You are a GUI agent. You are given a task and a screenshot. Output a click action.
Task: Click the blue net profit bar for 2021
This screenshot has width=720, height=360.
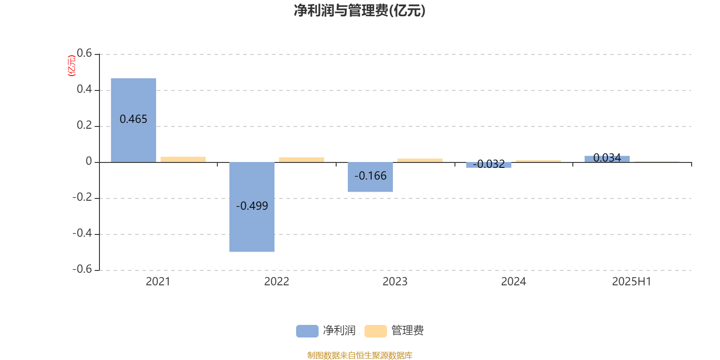tap(133, 120)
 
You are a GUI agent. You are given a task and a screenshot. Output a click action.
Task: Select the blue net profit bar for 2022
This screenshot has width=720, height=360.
tap(252, 207)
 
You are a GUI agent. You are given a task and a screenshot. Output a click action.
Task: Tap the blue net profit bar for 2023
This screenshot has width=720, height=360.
tap(370, 177)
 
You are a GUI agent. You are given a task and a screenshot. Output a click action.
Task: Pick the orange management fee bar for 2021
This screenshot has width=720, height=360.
tap(183, 159)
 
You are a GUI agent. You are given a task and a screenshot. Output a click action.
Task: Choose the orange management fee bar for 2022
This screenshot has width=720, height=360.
tap(301, 160)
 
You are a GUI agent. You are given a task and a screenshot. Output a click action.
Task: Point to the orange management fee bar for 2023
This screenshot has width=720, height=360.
tap(420, 160)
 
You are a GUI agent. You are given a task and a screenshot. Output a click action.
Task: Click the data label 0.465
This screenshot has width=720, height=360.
tap(133, 119)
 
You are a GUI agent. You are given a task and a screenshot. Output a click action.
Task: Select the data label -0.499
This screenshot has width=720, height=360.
tap(252, 206)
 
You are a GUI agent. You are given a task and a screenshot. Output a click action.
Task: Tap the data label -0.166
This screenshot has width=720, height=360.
tap(370, 176)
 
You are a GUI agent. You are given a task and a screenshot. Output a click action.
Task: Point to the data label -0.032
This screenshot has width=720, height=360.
tap(489, 164)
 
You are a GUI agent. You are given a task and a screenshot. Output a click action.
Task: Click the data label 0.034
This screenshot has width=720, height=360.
tap(607, 157)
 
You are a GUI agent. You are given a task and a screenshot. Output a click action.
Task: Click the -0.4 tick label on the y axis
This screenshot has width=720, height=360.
tap(82, 233)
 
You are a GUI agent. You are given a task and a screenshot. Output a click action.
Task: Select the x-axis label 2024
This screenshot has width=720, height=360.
tap(513, 282)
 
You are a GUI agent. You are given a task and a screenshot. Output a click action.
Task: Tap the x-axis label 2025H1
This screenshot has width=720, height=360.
tap(632, 282)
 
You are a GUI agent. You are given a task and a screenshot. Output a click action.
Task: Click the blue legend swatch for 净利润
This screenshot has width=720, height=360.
tap(307, 331)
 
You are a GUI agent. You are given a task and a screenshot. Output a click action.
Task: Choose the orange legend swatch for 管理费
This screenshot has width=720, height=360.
tap(375, 331)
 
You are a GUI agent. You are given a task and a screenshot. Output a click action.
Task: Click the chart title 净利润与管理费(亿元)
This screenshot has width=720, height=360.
tap(360, 11)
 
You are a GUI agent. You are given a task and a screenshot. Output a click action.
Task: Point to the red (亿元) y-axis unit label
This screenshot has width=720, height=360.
tap(72, 66)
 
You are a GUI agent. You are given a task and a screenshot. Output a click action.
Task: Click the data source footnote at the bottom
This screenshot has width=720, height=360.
tap(360, 355)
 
